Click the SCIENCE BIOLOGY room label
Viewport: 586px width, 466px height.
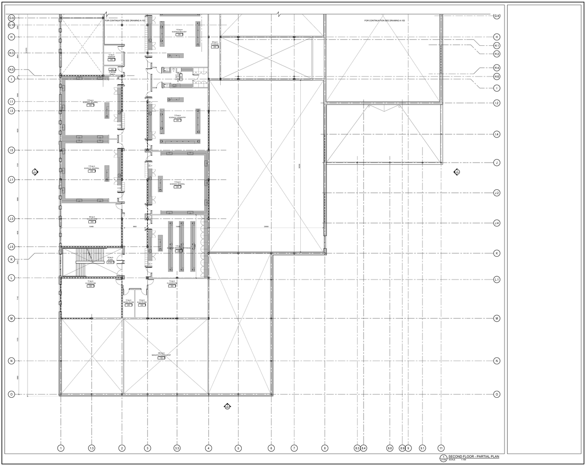tap(179, 32)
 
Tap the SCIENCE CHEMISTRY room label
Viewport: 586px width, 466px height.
tap(177, 117)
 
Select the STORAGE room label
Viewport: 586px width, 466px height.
tap(215, 44)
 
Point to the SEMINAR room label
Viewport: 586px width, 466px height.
tap(111, 57)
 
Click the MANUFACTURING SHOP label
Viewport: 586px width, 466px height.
tap(161, 355)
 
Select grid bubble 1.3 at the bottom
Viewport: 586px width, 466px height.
tap(92, 448)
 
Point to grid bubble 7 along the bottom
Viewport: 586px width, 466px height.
tap(294, 448)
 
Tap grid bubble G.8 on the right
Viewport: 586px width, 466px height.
tap(497, 16)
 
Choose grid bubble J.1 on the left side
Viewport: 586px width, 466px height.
tap(11, 180)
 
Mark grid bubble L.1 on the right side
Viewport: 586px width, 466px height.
tap(497, 280)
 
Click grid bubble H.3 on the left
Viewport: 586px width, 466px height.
tap(11, 54)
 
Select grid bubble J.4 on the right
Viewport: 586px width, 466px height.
tap(497, 223)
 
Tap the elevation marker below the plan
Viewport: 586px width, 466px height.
tap(226, 406)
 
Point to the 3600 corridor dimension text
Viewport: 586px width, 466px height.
tap(135, 226)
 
